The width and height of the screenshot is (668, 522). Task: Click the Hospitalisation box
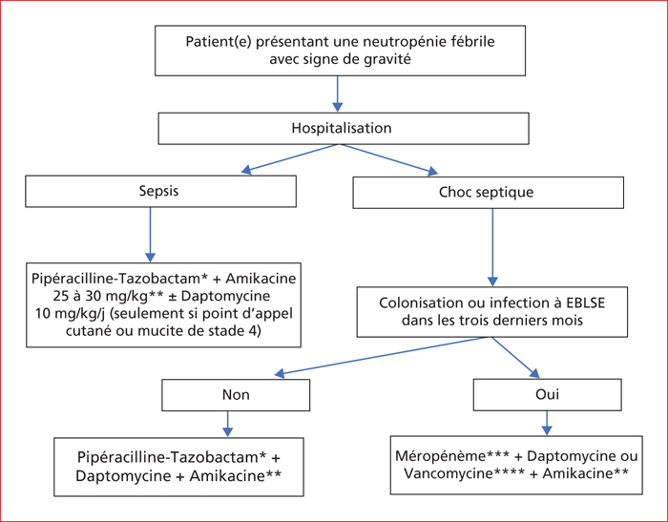[344, 129]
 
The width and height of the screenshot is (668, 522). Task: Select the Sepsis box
[160, 191]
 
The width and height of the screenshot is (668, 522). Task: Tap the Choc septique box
[489, 193]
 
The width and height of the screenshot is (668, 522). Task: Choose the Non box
[236, 395]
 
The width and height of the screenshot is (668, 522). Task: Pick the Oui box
[548, 394]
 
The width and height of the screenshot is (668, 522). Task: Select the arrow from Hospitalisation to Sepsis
[289, 158]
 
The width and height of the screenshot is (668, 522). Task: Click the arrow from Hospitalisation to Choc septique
[388, 159]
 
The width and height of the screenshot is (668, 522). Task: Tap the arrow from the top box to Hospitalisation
[338, 94]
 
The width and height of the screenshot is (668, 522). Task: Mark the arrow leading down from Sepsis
[151, 235]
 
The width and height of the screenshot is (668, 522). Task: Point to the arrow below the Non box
[228, 424]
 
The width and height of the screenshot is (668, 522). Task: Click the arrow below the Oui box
[547, 423]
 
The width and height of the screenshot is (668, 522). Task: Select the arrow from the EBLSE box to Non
[382, 356]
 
